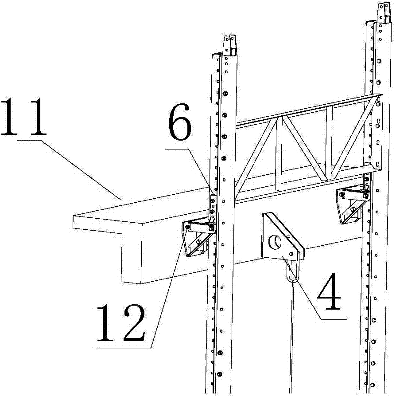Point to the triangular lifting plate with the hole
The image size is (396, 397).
[279, 237]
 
